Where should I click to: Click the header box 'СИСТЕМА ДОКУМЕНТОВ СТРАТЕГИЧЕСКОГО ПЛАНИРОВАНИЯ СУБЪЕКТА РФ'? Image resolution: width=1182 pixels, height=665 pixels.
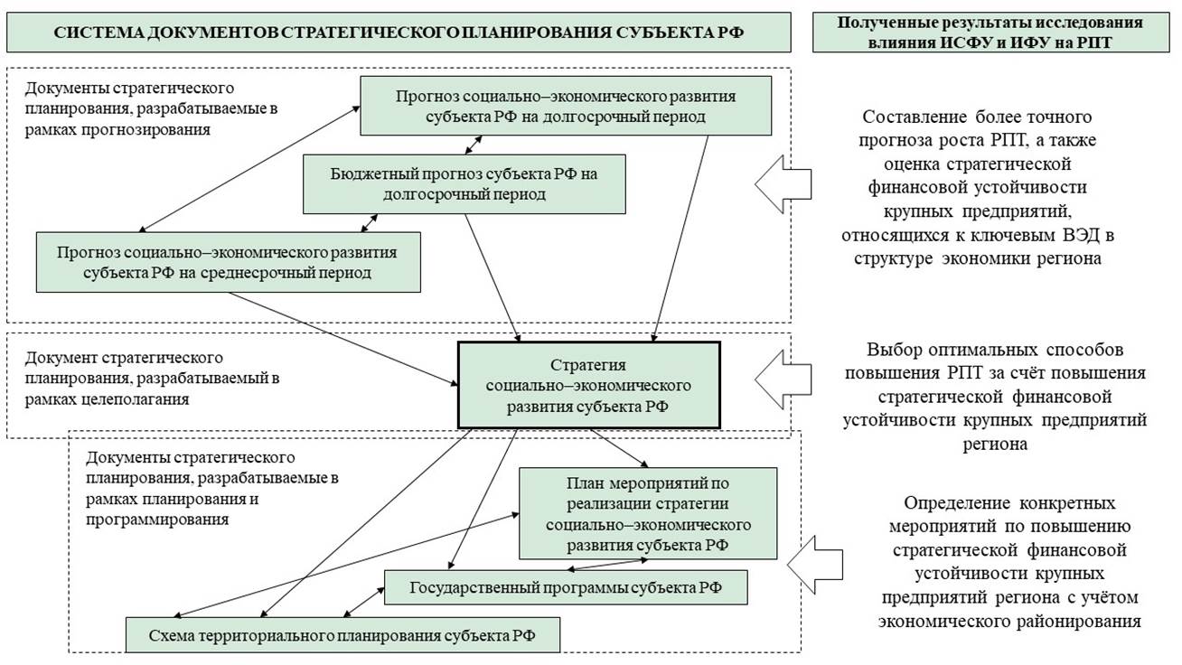click(x=399, y=32)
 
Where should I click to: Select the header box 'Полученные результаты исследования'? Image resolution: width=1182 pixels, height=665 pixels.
click(x=996, y=32)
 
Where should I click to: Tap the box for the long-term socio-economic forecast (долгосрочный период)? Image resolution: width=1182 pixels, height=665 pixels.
click(x=566, y=106)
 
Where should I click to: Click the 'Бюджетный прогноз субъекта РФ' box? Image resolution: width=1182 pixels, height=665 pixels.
click(x=464, y=184)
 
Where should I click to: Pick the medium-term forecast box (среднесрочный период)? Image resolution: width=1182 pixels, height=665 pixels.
click(x=228, y=262)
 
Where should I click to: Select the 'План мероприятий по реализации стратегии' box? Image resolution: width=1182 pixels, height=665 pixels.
click(x=648, y=513)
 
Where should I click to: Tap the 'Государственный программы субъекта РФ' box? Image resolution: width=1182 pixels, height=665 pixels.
click(x=566, y=588)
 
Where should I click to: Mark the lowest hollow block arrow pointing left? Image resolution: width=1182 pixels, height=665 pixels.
click(x=813, y=564)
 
